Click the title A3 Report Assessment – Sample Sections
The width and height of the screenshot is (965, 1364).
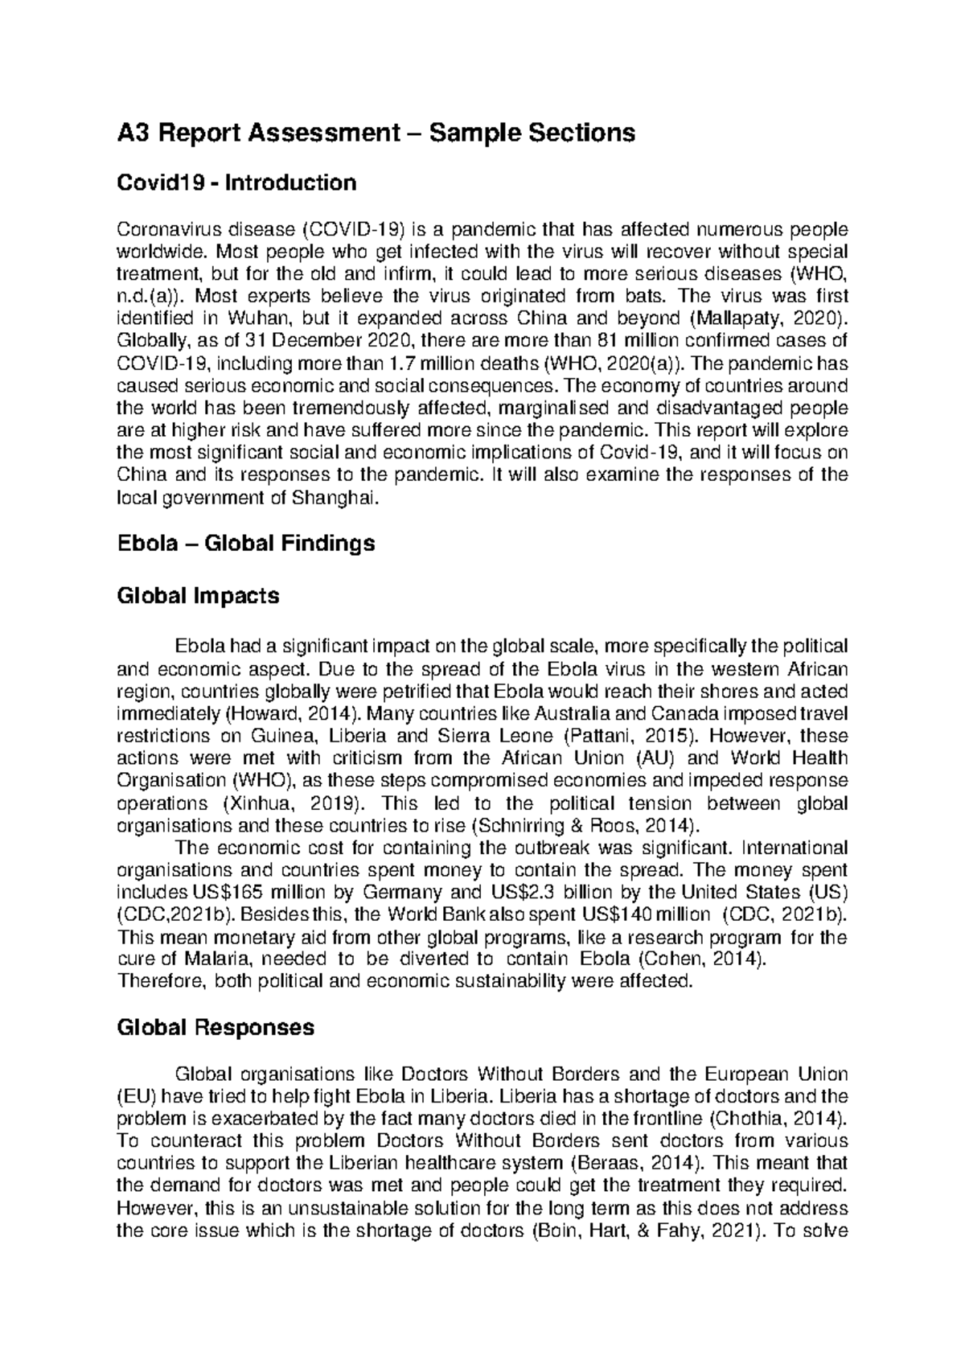point(376,132)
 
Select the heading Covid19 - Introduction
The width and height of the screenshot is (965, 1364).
point(236,183)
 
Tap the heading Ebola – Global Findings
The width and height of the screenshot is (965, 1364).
point(245,544)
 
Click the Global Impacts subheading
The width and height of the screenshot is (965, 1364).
point(198,596)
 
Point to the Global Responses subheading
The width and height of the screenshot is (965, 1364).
point(216,1028)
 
